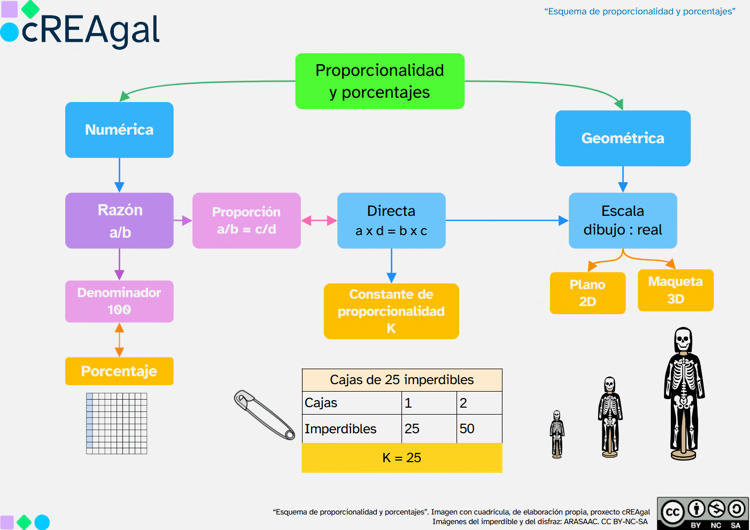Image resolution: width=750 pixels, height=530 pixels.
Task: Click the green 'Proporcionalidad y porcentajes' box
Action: [380, 81]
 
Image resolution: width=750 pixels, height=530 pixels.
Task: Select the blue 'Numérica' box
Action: [119, 130]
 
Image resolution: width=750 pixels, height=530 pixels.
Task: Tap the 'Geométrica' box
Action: [623, 138]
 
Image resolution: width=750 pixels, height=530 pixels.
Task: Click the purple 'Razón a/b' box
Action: [119, 221]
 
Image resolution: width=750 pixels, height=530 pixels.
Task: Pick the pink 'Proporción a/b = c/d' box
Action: [246, 221]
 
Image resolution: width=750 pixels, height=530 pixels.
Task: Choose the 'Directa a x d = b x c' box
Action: [391, 221]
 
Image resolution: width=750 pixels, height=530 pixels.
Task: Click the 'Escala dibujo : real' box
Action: [623, 221]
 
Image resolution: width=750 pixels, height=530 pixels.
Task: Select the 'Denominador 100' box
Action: [119, 301]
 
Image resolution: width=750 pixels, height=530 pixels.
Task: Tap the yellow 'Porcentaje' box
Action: [119, 371]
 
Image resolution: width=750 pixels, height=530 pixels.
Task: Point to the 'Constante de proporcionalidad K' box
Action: [391, 311]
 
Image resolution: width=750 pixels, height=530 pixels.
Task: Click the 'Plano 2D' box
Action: [587, 293]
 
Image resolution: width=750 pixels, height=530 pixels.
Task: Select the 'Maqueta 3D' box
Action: [676, 290]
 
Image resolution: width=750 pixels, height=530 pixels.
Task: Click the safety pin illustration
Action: [265, 415]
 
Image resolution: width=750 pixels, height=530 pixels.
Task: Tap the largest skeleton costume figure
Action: [684, 393]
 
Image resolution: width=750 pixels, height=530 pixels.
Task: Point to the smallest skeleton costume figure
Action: [557, 434]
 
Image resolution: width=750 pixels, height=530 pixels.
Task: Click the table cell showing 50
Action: [479, 428]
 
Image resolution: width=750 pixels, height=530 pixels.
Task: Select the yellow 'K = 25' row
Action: [402, 458]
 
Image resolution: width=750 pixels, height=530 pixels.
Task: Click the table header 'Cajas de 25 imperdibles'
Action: [402, 380]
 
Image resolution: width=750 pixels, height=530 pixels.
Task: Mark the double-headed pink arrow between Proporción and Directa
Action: [319, 221]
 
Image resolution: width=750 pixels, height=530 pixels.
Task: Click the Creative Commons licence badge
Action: [702, 513]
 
